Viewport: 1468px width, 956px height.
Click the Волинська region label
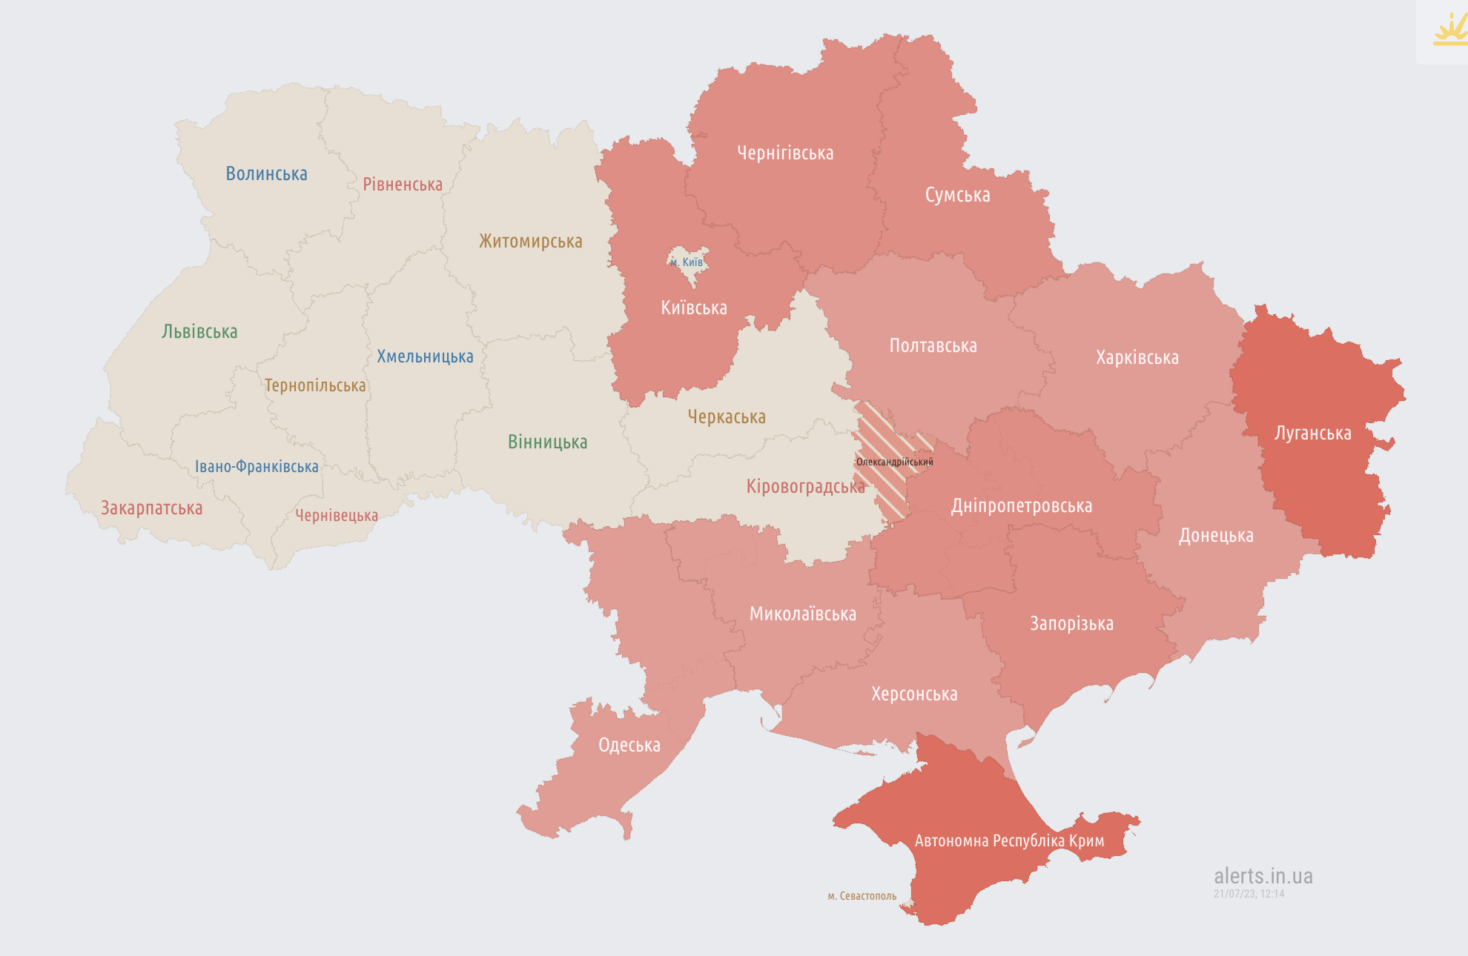pos(266,174)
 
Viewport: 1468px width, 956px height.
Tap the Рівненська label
pos(402,185)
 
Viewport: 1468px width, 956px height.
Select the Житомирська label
pos(530,242)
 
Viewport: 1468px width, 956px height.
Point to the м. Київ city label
pos(687,262)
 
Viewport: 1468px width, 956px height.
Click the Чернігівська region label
pos(785,153)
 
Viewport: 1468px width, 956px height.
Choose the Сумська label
pos(957,196)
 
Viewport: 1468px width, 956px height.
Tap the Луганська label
pos(1312,434)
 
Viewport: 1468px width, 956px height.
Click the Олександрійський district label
pos(894,462)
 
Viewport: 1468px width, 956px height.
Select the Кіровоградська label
pos(805,487)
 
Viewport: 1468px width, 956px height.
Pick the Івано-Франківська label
pos(257,467)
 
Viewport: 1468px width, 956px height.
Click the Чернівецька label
pos(337,516)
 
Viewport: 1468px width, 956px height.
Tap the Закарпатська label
pos(151,508)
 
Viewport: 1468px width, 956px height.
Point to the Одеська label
pos(629,746)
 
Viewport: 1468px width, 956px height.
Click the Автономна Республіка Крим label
pos(1009,841)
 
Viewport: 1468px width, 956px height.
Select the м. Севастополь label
pos(862,896)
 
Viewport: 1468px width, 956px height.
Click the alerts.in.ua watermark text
pos(1263,876)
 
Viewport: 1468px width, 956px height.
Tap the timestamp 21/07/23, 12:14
pos(1249,894)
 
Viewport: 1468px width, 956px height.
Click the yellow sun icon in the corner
pos(1449,31)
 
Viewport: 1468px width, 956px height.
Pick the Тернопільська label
pos(315,385)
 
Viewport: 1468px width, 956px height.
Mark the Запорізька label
pos(1071,624)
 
